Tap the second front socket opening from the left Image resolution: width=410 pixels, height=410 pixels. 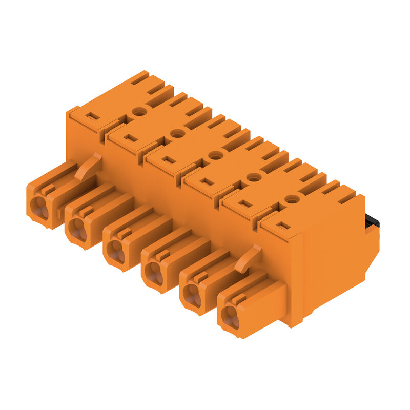pos(77,229)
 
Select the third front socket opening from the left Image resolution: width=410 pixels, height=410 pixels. pos(115,251)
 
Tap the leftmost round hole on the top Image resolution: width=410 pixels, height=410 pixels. pos(139,111)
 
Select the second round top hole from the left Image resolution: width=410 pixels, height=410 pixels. pos(177,133)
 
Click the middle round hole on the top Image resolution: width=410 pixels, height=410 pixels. pos(216,155)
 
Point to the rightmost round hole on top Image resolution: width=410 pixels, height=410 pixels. pos(292,198)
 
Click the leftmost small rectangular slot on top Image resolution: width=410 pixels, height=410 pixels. pos(92,116)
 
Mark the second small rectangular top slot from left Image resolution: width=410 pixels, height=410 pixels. pos(131,138)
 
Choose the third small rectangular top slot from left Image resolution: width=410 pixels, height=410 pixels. pos(169,159)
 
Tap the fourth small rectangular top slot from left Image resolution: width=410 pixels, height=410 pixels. pos(207,181)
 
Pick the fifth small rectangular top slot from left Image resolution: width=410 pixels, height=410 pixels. pos(245,203)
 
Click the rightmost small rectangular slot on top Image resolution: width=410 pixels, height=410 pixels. pos(283,225)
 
